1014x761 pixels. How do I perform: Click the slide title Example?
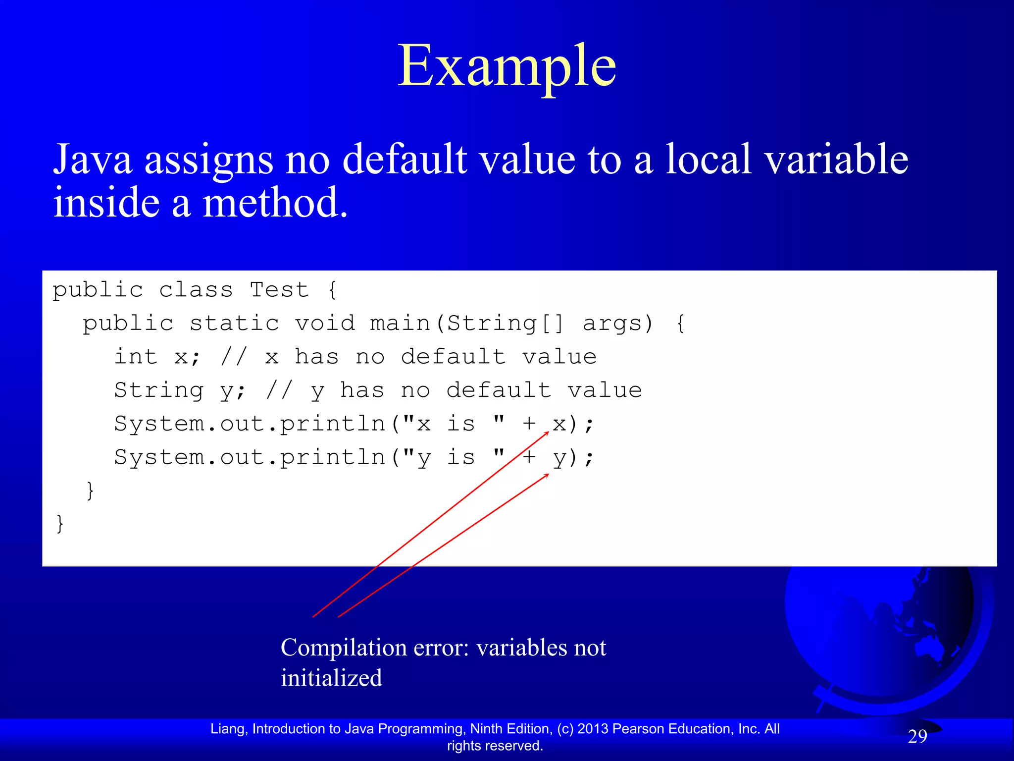pyautogui.click(x=507, y=67)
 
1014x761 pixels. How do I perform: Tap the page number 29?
pyautogui.click(x=917, y=737)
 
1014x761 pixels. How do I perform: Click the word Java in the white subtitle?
pyautogui.click(x=93, y=160)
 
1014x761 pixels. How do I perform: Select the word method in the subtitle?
pyautogui.click(x=275, y=203)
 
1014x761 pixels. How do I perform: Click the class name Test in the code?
pyautogui.click(x=279, y=290)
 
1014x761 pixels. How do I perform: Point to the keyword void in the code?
pyautogui.click(x=325, y=324)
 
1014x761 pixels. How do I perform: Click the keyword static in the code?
pyautogui.click(x=235, y=324)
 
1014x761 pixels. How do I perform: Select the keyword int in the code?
pyautogui.click(x=136, y=357)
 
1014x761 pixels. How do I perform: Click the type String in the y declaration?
pyautogui.click(x=158, y=391)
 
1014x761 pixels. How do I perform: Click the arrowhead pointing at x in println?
pyautogui.click(x=547, y=433)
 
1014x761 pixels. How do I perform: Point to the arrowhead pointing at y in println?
pyautogui.click(x=547, y=475)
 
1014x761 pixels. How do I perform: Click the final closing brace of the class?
pyautogui.click(x=60, y=523)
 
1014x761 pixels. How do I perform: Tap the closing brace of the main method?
pyautogui.click(x=90, y=490)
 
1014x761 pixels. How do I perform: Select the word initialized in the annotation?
pyautogui.click(x=331, y=678)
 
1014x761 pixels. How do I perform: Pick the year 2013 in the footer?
pyautogui.click(x=593, y=729)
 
